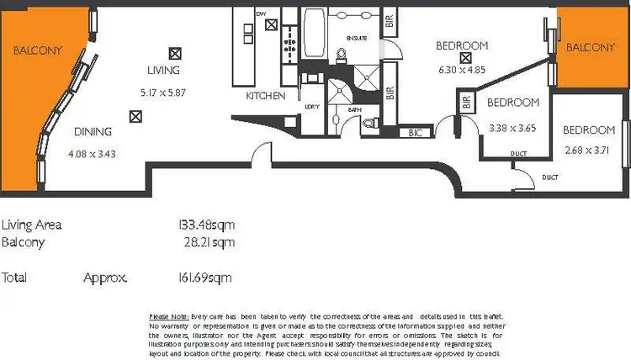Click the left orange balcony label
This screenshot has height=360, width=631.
pos(38,50)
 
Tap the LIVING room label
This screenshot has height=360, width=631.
pos(163,71)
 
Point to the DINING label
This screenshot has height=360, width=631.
pos(93,131)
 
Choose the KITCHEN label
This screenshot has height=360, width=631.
pos(266,97)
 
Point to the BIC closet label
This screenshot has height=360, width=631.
pos(414,133)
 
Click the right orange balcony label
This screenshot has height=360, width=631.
pos(591,48)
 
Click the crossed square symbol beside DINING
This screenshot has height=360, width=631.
pos(135,117)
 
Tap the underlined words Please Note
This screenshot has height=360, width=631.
pos(168,315)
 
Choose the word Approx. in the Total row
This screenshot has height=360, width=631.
pos(105,276)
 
